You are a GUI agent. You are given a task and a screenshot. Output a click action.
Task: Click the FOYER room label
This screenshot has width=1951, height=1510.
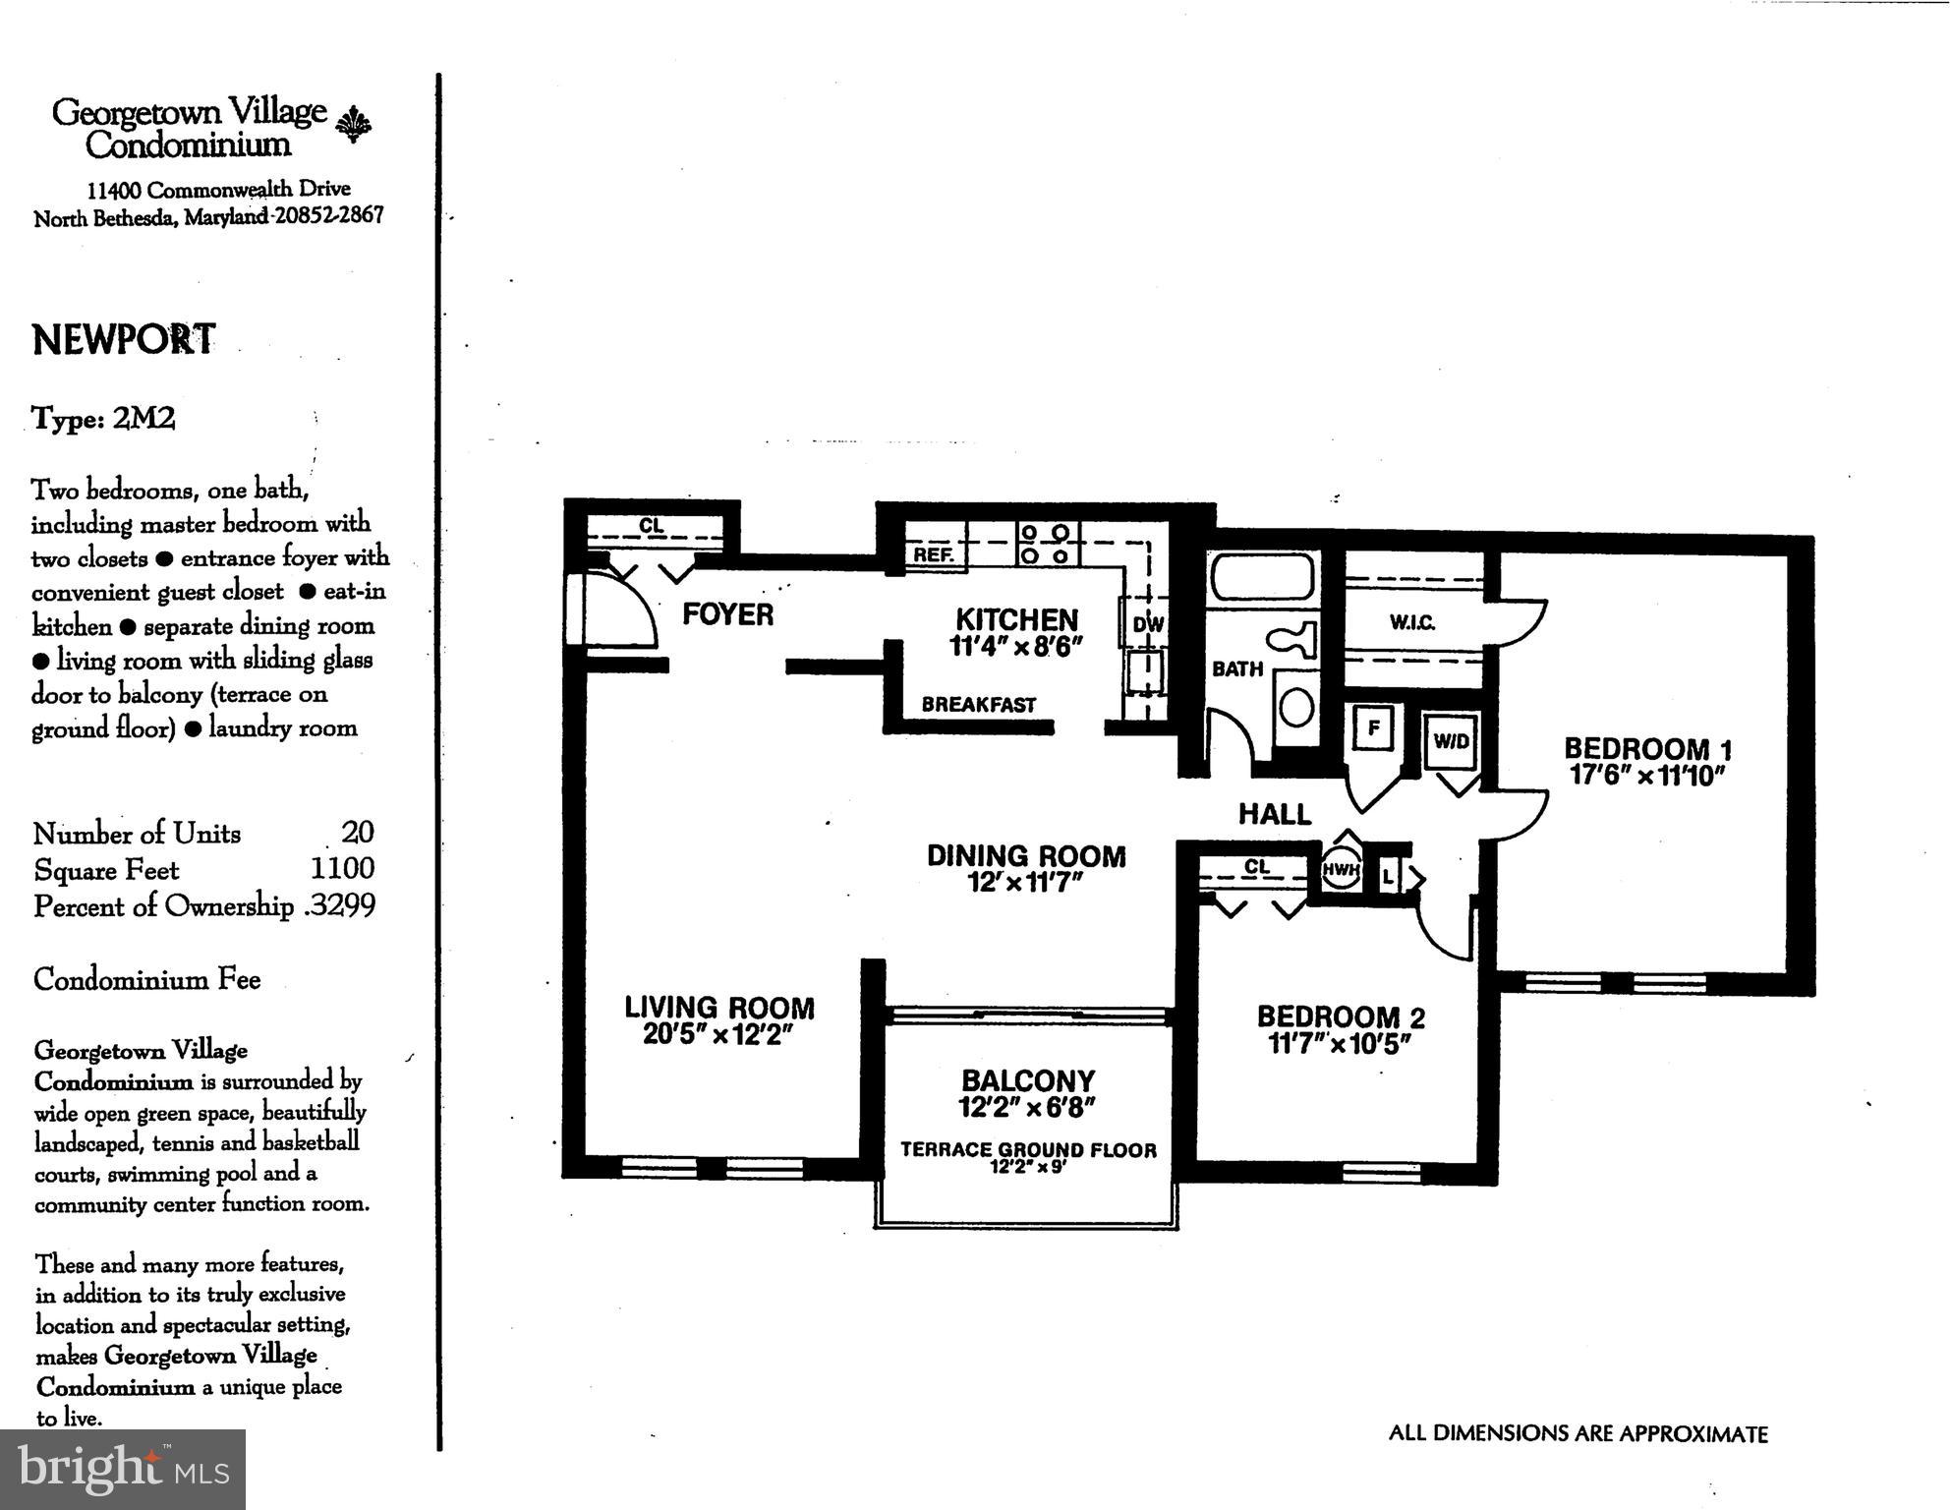[x=727, y=614]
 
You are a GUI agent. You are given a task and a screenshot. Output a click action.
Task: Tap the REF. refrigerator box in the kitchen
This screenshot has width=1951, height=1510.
[x=934, y=553]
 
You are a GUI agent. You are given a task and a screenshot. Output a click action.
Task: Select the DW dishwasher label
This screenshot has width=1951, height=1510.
[x=1147, y=624]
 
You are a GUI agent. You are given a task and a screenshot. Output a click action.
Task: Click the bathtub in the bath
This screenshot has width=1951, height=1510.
[x=1262, y=577]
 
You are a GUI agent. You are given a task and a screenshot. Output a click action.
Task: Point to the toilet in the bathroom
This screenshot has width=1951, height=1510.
[x=1295, y=641]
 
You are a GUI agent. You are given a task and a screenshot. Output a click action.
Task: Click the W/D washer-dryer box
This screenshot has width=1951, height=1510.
[x=1451, y=741]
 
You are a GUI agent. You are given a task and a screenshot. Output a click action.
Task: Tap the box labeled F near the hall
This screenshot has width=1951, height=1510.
[x=1374, y=728]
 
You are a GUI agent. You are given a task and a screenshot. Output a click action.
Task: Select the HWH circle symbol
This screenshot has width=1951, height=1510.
[x=1340, y=870]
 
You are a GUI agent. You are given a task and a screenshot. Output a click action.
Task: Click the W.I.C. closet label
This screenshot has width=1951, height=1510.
[x=1412, y=622]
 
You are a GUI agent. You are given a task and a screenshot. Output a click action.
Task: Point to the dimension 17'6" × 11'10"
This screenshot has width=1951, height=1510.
[x=1647, y=776]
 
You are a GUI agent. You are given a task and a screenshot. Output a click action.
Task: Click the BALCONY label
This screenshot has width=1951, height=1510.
[x=1028, y=1080]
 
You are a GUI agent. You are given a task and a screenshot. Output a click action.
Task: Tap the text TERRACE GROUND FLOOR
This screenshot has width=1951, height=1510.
[x=1028, y=1149]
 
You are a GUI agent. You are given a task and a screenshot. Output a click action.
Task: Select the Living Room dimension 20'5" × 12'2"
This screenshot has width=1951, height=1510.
[x=718, y=1035]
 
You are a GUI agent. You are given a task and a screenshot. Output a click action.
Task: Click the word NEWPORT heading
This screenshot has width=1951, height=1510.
[x=124, y=340]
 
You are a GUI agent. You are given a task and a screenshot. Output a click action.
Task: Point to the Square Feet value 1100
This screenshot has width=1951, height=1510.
[x=342, y=868]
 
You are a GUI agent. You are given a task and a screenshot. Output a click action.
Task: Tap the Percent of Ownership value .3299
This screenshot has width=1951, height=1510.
[x=340, y=905]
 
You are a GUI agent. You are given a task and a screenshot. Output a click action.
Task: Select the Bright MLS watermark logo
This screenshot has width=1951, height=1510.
[x=122, y=1470]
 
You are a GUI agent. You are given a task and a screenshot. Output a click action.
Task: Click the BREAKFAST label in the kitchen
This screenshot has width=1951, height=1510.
[x=978, y=705]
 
